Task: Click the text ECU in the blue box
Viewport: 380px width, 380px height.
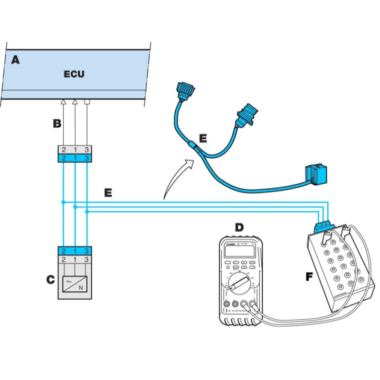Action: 74,74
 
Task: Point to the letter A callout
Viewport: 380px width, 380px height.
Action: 16,60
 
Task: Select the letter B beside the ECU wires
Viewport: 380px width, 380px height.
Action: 56,125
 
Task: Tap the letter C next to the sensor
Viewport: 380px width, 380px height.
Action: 51,279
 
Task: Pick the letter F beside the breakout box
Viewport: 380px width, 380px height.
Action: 309,275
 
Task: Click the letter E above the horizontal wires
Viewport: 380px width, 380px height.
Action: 108,193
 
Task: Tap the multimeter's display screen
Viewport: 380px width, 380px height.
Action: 241,252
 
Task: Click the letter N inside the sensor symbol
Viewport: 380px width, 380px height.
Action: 81,288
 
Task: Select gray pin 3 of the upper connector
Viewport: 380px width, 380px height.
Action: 87,150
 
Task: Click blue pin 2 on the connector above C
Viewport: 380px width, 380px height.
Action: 63,251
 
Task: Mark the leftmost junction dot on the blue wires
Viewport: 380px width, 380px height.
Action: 63,202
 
